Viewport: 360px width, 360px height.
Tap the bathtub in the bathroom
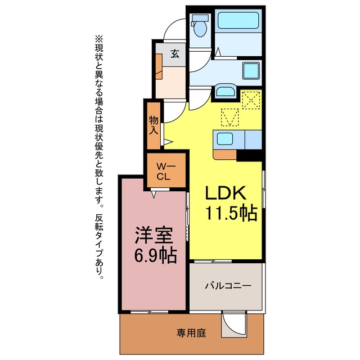[238, 20]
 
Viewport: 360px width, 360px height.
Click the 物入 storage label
[154, 125]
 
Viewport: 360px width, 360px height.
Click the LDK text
[226, 193]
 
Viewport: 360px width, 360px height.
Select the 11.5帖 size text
[231, 213]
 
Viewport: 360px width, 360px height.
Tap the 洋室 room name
[154, 235]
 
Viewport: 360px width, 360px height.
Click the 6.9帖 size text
[155, 255]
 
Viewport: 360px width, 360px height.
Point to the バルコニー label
[228, 286]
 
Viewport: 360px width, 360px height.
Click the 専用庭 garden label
[191, 332]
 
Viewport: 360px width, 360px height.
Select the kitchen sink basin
[225, 139]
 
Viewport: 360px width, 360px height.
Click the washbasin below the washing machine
[226, 91]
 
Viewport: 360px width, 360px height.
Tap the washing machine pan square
[251, 70]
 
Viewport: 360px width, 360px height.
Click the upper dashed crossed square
[251, 100]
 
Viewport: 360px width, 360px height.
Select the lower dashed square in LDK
[230, 117]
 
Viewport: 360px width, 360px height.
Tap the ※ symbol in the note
[99, 39]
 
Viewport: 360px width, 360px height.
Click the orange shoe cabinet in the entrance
[159, 66]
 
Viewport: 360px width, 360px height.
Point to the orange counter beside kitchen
[224, 154]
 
